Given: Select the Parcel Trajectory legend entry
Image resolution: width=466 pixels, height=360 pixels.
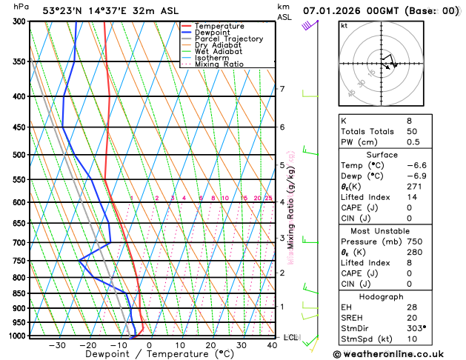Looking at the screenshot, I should pos(228,39).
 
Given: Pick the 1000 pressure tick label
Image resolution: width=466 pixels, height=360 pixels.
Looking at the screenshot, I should pos(16,336).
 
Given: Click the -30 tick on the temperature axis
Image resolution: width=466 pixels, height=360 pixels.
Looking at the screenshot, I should pos(57,345).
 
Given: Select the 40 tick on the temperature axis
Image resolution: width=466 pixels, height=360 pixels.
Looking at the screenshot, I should pos(273,345).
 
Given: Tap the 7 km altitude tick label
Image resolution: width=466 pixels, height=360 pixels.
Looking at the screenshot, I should pos(282,90).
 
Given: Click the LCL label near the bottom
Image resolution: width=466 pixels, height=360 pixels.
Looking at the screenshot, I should pos(291,337).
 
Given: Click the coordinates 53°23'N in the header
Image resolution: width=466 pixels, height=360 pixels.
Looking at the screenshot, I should pos(65,10).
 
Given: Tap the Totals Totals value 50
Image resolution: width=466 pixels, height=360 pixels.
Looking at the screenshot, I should pos(412,131).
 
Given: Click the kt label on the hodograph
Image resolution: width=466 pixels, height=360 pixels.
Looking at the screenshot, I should pos(344,25).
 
